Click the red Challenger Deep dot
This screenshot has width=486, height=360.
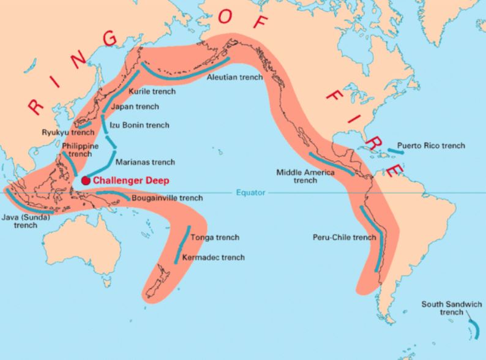(86, 181)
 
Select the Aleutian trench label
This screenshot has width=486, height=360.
(234, 78)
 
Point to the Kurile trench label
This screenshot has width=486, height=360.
(152, 91)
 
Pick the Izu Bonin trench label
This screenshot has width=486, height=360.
(139, 125)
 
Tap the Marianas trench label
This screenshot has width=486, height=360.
(145, 162)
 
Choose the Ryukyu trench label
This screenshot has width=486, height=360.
(67, 132)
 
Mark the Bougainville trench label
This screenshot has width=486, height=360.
(167, 198)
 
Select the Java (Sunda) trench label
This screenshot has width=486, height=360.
(26, 221)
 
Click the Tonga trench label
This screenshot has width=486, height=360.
(214, 237)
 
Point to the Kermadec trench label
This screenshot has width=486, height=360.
(213, 257)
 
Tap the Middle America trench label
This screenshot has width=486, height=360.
(305, 176)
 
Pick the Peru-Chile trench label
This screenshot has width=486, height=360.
(343, 237)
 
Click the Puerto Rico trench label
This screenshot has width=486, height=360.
(431, 146)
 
